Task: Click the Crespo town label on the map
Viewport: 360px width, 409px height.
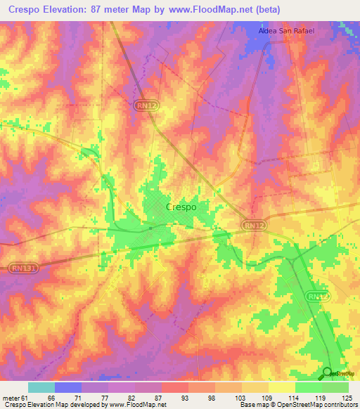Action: click(x=181, y=207)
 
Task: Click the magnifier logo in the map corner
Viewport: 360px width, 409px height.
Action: click(x=328, y=372)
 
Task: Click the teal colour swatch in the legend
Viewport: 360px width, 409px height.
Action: click(x=41, y=387)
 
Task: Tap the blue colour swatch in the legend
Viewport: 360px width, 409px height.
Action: click(x=68, y=387)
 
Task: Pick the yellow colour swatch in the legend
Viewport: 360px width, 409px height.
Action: click(x=281, y=387)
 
